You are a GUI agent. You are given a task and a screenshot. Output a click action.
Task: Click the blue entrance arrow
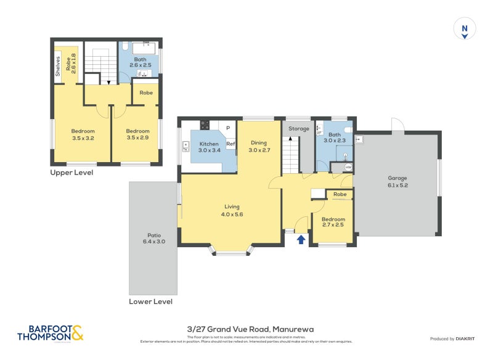point(301,239)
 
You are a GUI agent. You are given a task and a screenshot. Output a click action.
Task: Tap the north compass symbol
point(465,29)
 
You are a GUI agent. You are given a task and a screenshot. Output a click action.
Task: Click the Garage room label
point(397,181)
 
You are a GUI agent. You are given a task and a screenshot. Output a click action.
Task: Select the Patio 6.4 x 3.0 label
point(154,238)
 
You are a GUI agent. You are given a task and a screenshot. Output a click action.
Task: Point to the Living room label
point(232,210)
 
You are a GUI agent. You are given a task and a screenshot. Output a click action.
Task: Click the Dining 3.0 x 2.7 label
point(259,146)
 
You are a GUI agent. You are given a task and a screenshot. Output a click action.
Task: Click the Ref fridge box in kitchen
point(230,144)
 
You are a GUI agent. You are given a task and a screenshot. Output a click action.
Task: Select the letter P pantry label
point(227,128)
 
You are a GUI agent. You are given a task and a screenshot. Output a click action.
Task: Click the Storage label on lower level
point(298,129)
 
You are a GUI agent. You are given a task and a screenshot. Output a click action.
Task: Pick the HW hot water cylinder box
point(348,167)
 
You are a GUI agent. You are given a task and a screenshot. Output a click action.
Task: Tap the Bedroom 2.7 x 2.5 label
point(333,222)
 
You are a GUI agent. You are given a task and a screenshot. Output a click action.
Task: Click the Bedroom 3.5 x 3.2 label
point(83,134)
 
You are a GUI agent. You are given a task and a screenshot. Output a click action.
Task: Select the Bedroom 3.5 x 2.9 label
point(137,134)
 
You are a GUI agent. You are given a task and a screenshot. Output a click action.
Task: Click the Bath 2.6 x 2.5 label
point(139,62)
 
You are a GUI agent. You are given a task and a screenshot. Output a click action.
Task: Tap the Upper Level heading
point(71,173)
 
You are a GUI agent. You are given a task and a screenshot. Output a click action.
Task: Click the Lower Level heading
point(150,302)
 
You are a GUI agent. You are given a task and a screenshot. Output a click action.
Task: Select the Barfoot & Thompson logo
point(51,333)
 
